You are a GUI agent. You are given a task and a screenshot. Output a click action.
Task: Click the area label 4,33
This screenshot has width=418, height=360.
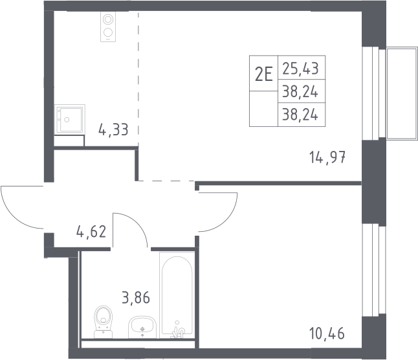point(113,129)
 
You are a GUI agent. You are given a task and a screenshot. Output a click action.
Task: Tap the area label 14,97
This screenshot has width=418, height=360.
point(327,157)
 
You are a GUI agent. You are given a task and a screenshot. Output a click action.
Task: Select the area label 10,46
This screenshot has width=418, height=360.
point(327,333)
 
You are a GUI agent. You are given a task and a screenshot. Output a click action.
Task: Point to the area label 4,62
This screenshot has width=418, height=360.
point(91,231)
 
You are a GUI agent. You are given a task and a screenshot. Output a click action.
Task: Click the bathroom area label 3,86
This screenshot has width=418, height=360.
point(136,297)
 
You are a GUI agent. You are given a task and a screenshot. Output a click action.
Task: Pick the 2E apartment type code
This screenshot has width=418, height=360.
point(263,74)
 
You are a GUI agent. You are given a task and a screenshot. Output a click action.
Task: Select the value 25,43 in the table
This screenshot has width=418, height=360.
point(300,68)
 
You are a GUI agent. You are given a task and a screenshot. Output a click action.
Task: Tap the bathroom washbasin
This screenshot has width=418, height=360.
point(142,327)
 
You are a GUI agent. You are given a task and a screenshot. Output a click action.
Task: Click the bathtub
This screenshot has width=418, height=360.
point(177,295)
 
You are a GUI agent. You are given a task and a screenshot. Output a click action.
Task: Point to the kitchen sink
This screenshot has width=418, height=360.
point(70,119)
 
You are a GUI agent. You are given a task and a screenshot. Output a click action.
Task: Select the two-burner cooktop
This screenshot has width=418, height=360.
point(108,27)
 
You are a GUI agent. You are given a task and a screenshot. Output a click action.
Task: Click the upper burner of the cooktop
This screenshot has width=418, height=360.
point(108,19)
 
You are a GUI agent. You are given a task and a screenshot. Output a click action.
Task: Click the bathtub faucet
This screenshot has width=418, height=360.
point(177,330)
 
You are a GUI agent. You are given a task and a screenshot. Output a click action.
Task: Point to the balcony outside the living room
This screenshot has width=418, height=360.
point(402,93)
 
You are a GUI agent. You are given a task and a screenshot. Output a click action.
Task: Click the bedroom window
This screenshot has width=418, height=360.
point(374,269)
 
